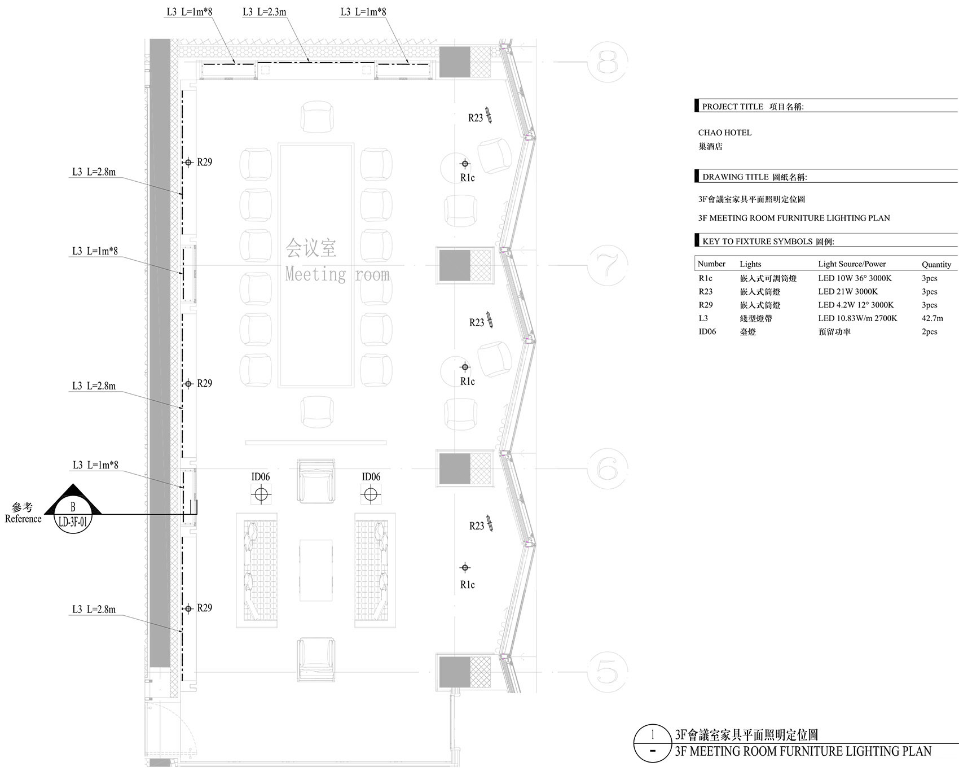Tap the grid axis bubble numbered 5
click(608, 672)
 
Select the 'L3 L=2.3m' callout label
click(264, 12)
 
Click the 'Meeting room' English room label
click(337, 275)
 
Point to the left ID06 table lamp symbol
click(261, 495)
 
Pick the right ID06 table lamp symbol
click(370, 495)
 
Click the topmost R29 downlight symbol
click(188, 163)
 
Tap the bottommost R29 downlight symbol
click(188, 608)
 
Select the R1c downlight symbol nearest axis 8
click(465, 164)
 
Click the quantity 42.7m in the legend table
click(932, 318)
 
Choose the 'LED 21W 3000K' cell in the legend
click(847, 292)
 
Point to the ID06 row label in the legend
click(707, 332)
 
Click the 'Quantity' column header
click(936, 264)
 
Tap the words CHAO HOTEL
click(724, 133)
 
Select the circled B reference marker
click(73, 507)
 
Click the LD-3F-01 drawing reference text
click(73, 522)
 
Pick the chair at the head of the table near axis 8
click(318, 116)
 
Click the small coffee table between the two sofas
click(316, 570)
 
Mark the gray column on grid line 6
click(455, 468)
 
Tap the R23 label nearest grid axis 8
click(476, 118)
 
